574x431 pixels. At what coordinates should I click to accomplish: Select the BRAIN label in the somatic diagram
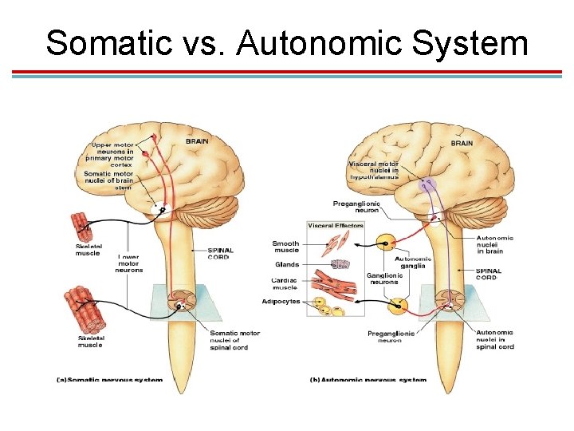coord(198,141)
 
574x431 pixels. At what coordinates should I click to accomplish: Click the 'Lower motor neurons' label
coord(129,263)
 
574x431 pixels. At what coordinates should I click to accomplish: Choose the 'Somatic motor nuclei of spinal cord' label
coord(234,340)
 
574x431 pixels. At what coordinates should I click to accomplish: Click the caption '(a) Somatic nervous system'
coord(109,380)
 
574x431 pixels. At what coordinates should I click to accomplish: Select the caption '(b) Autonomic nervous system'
coord(368,380)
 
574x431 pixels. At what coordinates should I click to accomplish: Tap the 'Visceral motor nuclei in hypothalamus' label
coord(373,170)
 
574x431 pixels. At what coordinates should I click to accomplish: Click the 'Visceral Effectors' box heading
coord(336,226)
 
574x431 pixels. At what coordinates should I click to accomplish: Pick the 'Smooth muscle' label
coord(285,247)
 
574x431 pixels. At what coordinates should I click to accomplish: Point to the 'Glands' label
coord(286,264)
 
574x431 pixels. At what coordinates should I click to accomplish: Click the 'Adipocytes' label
coord(281,301)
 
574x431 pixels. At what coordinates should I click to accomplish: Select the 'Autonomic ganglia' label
coord(413,263)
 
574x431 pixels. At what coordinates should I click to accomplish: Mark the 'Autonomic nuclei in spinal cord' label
coord(494,339)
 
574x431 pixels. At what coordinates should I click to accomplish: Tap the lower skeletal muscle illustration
coord(85,312)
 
